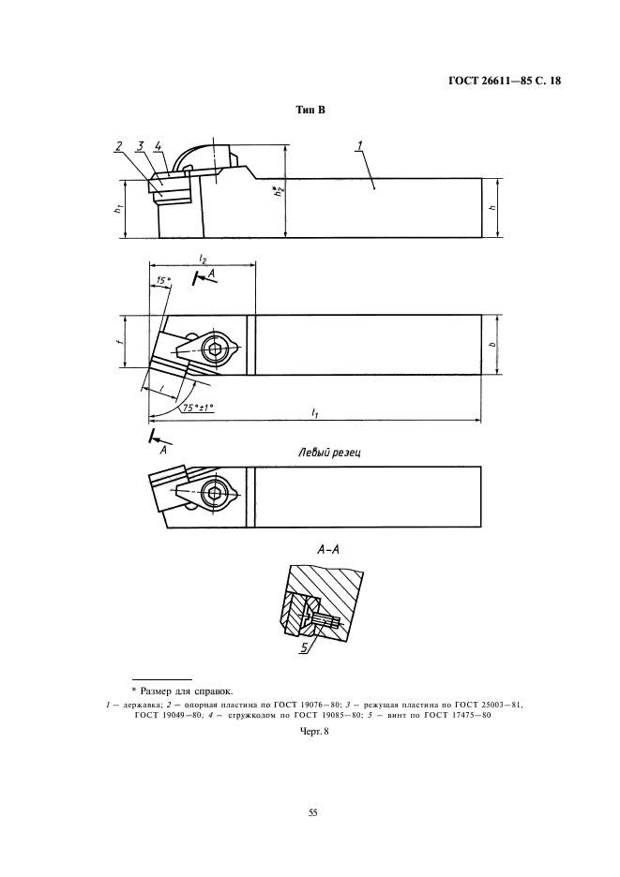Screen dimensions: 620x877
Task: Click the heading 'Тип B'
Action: point(310,111)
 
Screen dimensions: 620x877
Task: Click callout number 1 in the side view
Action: point(359,145)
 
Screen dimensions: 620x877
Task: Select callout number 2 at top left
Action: point(119,146)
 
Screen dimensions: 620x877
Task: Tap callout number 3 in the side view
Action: point(140,146)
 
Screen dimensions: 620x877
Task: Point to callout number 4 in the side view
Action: point(158,146)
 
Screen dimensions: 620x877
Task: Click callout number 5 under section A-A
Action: point(305,647)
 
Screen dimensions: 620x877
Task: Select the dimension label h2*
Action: point(278,191)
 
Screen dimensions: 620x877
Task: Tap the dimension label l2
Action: point(203,259)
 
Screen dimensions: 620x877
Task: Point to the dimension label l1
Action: point(315,413)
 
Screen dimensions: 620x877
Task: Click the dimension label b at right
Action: point(491,344)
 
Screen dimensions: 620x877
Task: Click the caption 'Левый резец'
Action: point(329,452)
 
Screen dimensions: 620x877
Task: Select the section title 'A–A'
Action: point(328,549)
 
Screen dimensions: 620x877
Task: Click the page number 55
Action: point(312,812)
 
